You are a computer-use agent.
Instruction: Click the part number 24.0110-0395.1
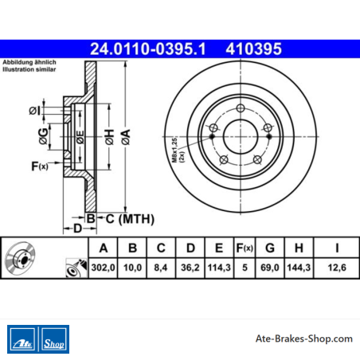point(148,49)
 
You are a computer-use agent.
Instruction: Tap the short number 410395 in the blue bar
point(253,49)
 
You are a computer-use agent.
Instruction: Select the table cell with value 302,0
point(103,268)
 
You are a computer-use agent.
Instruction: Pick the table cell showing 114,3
point(219,268)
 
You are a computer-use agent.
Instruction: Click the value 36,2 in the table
point(190,268)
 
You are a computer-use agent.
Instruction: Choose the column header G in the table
point(270,248)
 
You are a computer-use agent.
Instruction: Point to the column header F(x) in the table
point(245,248)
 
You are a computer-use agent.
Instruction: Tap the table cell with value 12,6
point(337,268)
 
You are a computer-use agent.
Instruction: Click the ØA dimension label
point(126,137)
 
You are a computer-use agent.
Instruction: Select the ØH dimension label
point(109,137)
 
